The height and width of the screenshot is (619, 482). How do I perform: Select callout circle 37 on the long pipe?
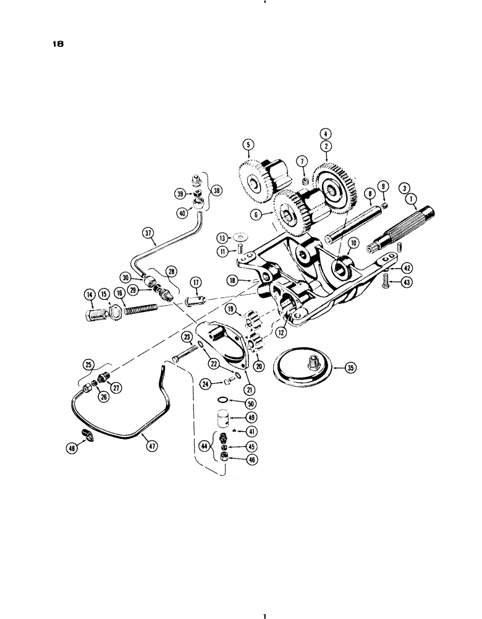click(x=147, y=233)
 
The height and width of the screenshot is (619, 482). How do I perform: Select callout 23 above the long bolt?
click(x=186, y=337)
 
